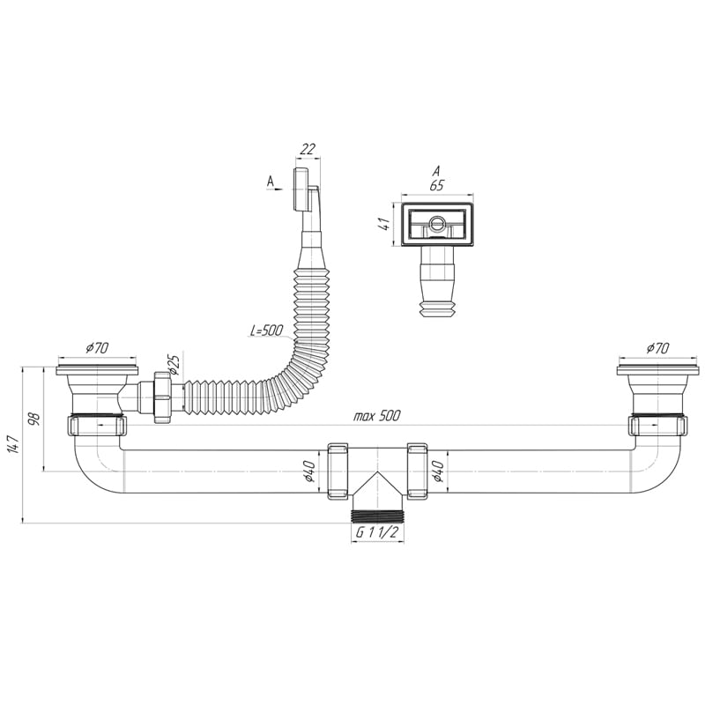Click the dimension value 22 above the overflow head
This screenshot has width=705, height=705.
click(x=307, y=149)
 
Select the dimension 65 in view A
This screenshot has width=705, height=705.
click(x=436, y=186)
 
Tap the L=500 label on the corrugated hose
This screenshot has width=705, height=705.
click(x=265, y=331)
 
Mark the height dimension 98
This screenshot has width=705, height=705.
click(x=34, y=419)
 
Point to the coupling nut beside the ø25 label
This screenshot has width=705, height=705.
click(x=162, y=397)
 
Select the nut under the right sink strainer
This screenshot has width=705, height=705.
click(x=657, y=426)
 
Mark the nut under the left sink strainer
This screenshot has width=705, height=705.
click(x=97, y=426)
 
